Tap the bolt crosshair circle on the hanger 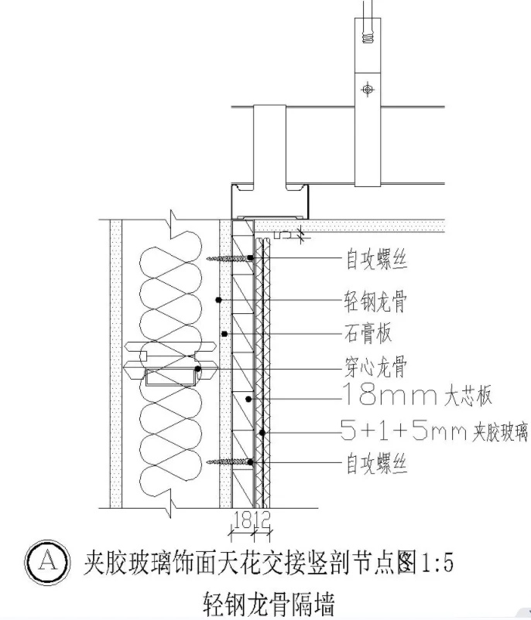click(x=368, y=90)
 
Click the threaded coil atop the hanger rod click(x=368, y=33)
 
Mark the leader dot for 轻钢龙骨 click(x=219, y=299)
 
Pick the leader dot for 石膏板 click(x=224, y=334)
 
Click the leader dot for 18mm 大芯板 click(x=248, y=399)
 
